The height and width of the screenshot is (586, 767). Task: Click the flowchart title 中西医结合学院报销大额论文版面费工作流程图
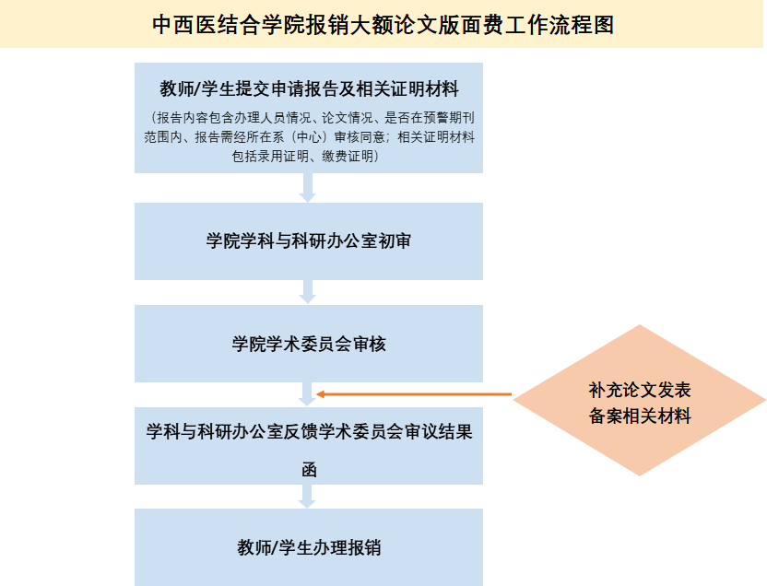[383, 25]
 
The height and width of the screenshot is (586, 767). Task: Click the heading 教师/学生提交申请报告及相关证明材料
[309, 89]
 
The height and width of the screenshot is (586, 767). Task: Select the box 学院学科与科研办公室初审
[309, 241]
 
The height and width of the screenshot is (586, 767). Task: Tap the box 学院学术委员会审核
[309, 344]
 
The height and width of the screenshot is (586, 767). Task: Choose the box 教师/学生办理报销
[309, 547]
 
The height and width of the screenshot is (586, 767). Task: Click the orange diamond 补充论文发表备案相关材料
[640, 400]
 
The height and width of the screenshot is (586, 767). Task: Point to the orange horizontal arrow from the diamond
[415, 395]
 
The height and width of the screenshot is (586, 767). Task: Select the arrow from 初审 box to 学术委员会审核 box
[308, 291]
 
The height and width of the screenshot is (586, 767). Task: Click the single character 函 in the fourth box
[309, 469]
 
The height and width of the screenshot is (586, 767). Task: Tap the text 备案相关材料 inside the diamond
[640, 416]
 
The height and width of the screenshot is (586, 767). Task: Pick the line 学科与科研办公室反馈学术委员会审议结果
[309, 432]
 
